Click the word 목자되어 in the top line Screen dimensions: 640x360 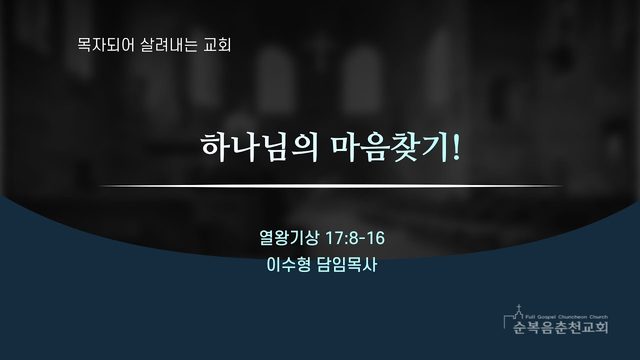coord(106,45)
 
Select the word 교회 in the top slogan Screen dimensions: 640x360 coord(217,45)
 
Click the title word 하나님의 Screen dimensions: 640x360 coord(260,147)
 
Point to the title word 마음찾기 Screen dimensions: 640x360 coord(389,147)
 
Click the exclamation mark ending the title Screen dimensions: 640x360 coord(456,147)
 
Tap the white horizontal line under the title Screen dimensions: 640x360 coord(331,186)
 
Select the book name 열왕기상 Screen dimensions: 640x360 coord(289,238)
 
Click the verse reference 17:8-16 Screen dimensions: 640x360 coord(354,238)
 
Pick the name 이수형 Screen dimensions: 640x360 coord(288,265)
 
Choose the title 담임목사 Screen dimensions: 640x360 coord(347,265)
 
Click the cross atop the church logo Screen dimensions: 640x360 coord(519,307)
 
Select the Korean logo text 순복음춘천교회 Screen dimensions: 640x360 coord(561,327)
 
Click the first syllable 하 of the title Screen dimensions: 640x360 coord(215,147)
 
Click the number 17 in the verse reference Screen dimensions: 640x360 coord(332,238)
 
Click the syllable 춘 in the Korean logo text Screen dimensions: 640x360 coord(561,327)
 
